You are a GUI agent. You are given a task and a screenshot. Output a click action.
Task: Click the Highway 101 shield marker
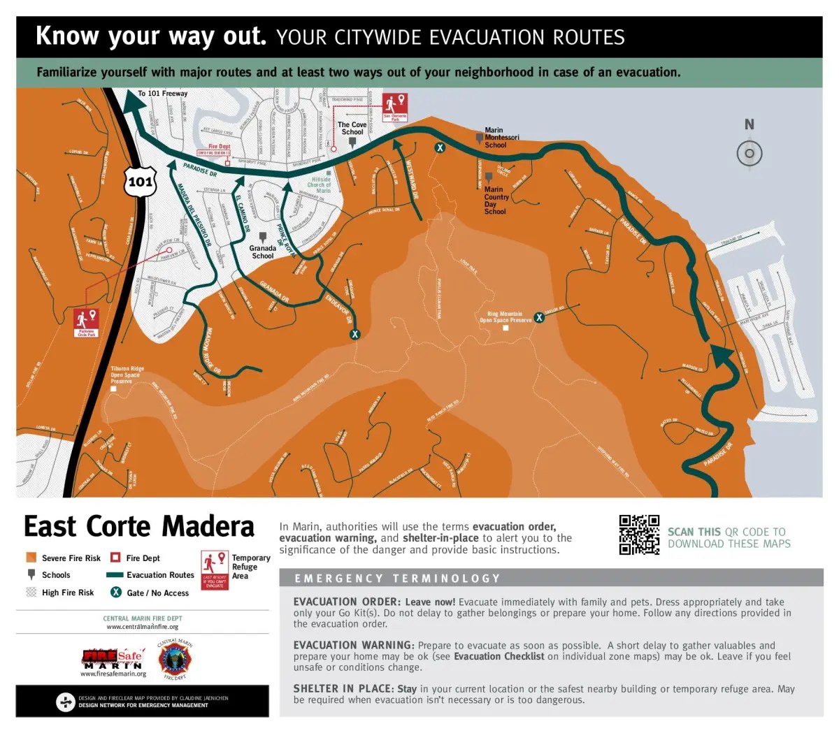click(140, 182)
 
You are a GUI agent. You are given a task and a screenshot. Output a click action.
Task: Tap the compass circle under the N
click(750, 154)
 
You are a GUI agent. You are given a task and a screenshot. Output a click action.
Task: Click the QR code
click(639, 535)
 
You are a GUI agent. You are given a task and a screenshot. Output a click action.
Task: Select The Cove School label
click(352, 128)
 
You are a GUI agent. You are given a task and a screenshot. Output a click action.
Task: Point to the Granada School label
click(263, 252)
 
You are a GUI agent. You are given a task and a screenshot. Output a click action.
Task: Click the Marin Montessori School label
click(501, 138)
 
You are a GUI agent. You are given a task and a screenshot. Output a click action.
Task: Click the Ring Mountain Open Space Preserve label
click(505, 317)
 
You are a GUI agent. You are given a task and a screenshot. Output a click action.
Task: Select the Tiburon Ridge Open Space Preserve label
click(127, 375)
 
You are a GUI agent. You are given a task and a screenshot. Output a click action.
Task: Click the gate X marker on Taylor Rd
click(539, 318)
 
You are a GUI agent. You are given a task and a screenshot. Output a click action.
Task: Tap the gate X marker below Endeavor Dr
click(355, 334)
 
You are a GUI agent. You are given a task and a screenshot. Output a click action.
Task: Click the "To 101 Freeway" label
click(162, 94)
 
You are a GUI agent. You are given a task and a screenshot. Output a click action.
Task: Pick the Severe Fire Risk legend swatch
click(31, 558)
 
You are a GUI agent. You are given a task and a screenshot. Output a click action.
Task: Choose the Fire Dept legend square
click(116, 558)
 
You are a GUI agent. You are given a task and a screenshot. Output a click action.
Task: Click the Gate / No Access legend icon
click(116, 592)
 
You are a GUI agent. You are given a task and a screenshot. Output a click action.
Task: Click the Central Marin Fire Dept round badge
click(174, 660)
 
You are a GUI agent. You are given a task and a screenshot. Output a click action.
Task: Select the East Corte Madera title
click(139, 526)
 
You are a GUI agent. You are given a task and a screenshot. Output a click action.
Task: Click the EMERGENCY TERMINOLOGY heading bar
click(550, 578)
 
